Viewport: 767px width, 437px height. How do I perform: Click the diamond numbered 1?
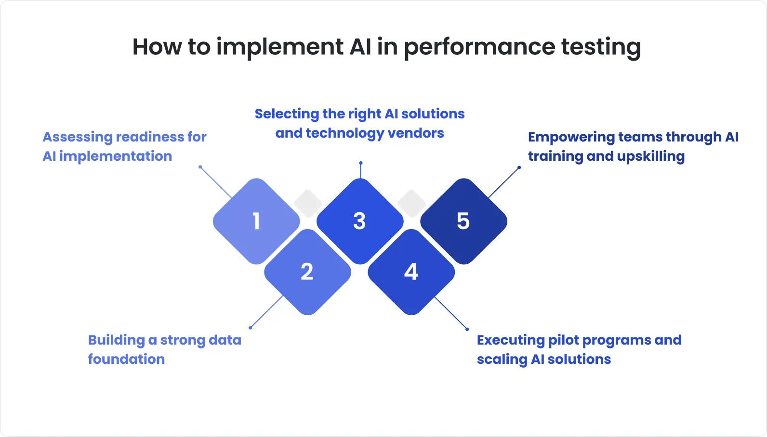pyautogui.click(x=256, y=221)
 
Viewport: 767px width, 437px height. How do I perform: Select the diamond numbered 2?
pyautogui.click(x=307, y=272)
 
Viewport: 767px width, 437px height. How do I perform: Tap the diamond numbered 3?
pyautogui.click(x=360, y=221)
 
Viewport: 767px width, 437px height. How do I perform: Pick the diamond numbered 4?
pyautogui.click(x=411, y=272)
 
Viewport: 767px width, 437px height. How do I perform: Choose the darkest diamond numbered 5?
pyautogui.click(x=463, y=221)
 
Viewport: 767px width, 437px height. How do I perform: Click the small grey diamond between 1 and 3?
pyautogui.click(x=308, y=203)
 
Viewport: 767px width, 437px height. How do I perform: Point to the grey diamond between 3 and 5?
pyautogui.click(x=411, y=203)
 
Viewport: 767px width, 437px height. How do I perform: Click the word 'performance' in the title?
pyautogui.click(x=479, y=47)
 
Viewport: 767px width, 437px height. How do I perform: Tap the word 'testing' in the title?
pyautogui.click(x=601, y=47)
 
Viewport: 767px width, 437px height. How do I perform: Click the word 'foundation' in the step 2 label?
pyautogui.click(x=126, y=360)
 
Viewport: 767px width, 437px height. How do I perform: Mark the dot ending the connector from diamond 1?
pyautogui.click(x=200, y=167)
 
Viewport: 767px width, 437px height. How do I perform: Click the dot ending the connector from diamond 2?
pyautogui.click(x=250, y=328)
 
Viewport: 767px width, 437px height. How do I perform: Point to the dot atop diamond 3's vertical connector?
pyautogui.click(x=360, y=163)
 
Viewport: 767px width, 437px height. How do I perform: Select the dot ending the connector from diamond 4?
pyautogui.click(x=467, y=329)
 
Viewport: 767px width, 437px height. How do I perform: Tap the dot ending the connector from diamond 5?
pyautogui.click(x=519, y=167)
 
